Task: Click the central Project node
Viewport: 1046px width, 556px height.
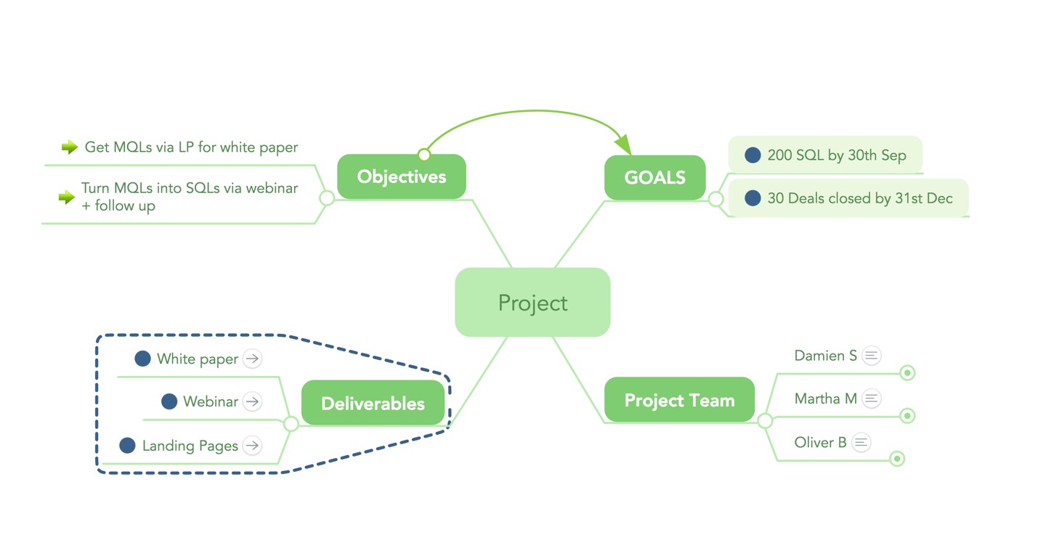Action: [532, 302]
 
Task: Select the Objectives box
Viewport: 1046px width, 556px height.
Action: [401, 176]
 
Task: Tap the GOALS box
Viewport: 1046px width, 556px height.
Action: [654, 177]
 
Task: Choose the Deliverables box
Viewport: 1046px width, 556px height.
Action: [373, 403]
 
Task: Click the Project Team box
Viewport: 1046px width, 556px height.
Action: [679, 400]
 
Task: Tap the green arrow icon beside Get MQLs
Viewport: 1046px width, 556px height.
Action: [69, 147]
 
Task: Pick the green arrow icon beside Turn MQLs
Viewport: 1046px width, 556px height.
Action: [67, 197]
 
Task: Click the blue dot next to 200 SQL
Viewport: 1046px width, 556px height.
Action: [753, 155]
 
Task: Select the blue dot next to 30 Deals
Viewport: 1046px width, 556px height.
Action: [753, 198]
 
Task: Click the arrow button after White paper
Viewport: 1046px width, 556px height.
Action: [252, 359]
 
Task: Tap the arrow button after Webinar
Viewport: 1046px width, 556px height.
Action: [252, 401]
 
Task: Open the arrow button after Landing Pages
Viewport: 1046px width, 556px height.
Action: [252, 446]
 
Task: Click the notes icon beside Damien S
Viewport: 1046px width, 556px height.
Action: [872, 356]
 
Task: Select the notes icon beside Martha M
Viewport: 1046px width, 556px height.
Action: [872, 398]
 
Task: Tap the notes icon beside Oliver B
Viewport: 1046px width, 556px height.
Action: [861, 442]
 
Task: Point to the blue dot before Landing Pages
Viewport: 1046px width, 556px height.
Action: [127, 446]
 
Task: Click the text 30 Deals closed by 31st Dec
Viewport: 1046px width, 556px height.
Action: [860, 198]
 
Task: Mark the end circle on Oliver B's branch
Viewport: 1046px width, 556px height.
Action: [897, 459]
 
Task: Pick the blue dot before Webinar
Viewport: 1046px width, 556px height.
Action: [169, 401]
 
